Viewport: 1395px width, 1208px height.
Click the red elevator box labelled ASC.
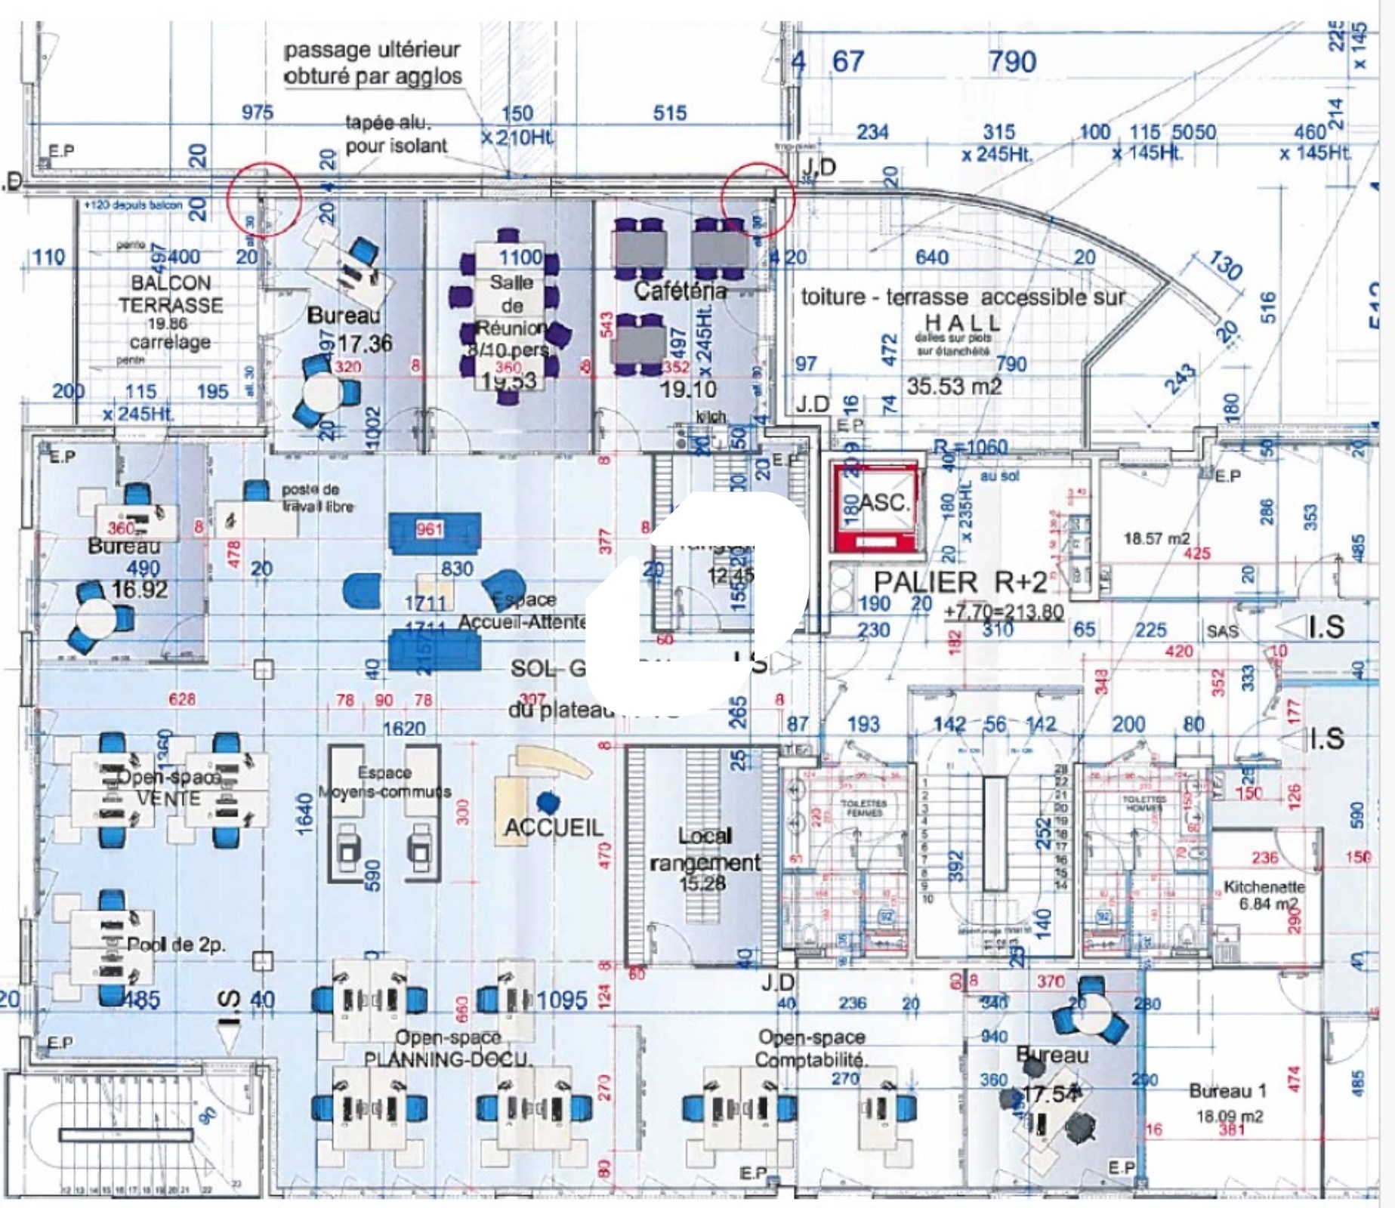click(x=875, y=503)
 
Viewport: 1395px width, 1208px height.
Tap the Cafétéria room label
click(x=680, y=291)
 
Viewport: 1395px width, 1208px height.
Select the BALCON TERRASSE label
click(x=171, y=294)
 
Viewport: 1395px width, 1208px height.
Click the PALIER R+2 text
click(x=961, y=582)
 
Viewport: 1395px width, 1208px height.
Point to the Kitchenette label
click(x=1264, y=886)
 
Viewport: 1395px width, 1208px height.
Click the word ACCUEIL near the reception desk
click(x=554, y=827)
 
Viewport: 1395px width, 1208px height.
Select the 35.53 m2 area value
click(x=954, y=387)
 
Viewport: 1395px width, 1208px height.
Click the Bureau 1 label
click(x=1227, y=1091)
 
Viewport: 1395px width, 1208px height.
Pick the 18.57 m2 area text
click(x=1156, y=538)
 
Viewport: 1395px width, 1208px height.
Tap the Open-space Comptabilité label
click(x=811, y=1048)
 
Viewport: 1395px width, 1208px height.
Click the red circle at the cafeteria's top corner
click(x=758, y=200)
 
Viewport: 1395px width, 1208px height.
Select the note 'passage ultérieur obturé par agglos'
click(x=372, y=63)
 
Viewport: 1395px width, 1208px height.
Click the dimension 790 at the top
click(x=1012, y=62)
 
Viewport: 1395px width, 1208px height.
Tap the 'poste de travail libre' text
click(x=317, y=498)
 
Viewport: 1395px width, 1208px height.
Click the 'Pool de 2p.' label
click(x=176, y=945)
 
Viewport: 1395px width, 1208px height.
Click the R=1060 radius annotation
click(x=970, y=447)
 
